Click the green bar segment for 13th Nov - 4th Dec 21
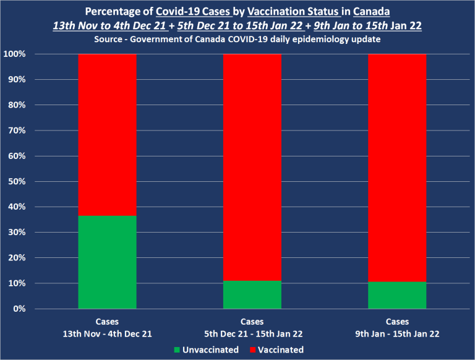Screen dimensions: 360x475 click(x=107, y=262)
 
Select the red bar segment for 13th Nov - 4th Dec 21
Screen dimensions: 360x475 click(x=107, y=135)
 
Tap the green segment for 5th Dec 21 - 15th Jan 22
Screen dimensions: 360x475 click(x=252, y=294)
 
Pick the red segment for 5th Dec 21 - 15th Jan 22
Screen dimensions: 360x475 click(x=252, y=167)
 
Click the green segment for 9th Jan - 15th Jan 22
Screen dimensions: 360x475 click(x=397, y=295)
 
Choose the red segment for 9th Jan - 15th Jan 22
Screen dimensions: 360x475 click(x=397, y=168)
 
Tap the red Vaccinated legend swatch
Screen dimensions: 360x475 click(x=252, y=349)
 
